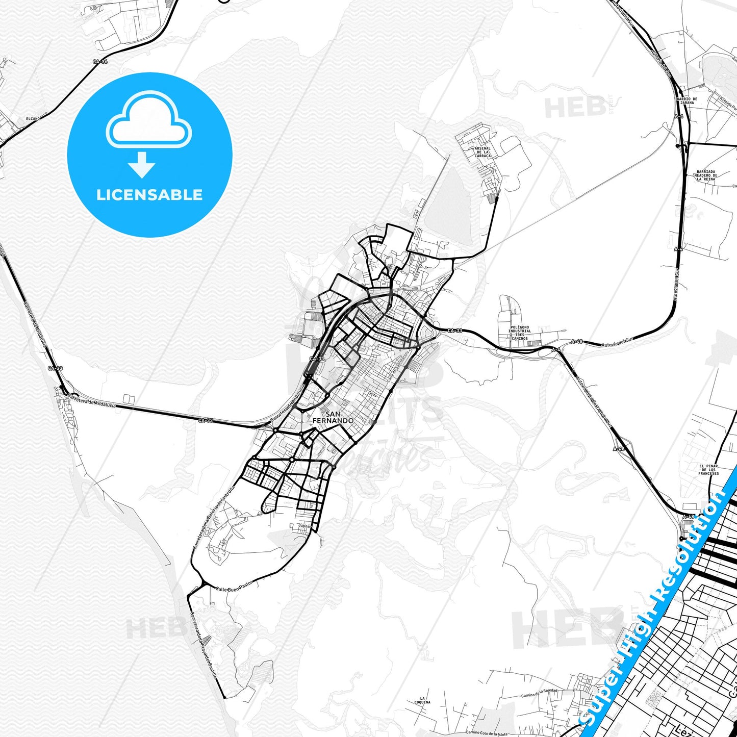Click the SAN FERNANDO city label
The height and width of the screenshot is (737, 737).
pos(333,417)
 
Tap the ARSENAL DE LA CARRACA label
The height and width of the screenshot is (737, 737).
pos(482,152)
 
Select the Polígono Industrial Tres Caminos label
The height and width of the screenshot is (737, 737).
pos(519,333)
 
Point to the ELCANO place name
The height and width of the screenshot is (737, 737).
pos(33,119)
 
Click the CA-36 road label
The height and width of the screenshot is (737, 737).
pos(100,62)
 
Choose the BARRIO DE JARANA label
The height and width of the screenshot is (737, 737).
pos(687,100)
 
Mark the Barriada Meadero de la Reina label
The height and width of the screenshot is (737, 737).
pos(706,175)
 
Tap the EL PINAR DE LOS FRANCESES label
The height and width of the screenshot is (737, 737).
pos(708,470)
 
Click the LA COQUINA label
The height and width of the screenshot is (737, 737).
pos(422,700)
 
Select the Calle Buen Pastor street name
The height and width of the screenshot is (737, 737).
pos(234,587)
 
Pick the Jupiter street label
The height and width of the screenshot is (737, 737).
pos(304,526)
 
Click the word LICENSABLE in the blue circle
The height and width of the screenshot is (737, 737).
pos(149,195)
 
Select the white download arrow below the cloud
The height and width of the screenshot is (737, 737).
pos(142,165)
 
